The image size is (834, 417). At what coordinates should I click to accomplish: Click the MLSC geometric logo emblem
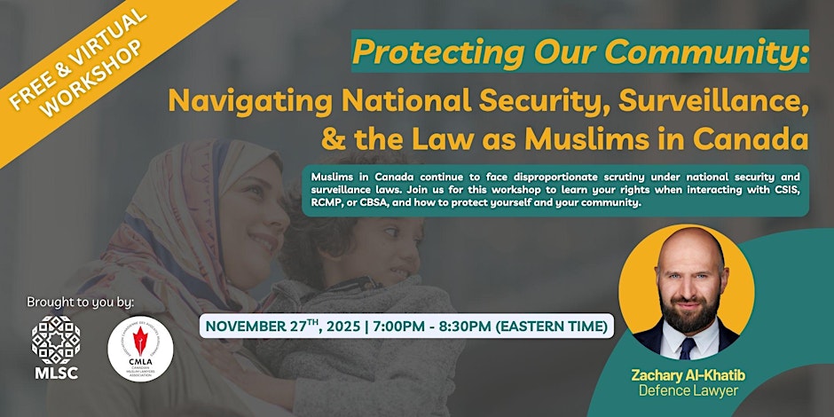56,338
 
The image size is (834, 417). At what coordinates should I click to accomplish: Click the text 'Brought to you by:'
80,302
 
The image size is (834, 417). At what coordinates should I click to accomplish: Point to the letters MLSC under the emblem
56,373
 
